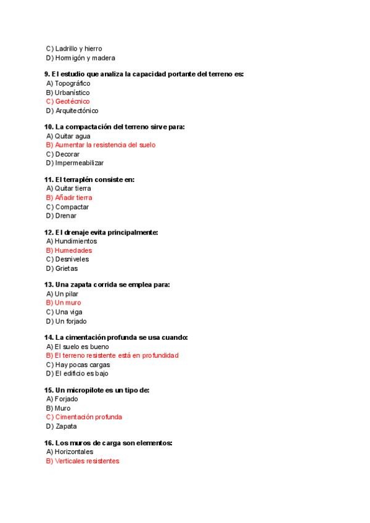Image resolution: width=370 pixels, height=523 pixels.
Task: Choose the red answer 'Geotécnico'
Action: [68, 101]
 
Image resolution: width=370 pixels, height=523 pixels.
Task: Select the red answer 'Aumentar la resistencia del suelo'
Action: [101, 145]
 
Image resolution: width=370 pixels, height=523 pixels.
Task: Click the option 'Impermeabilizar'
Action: [75, 163]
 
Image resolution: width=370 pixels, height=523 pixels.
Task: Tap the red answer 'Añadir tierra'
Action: [69, 198]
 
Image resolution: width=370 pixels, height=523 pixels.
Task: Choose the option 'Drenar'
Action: [61, 216]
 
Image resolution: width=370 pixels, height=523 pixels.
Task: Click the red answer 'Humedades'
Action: [68, 250]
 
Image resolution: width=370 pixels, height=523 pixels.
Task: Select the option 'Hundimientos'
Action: [71, 241]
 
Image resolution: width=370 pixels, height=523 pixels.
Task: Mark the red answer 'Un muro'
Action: [64, 303]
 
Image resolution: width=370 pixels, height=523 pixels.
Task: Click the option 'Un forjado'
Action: [66, 321]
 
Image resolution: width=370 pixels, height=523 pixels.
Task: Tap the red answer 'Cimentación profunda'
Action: [84, 417]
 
